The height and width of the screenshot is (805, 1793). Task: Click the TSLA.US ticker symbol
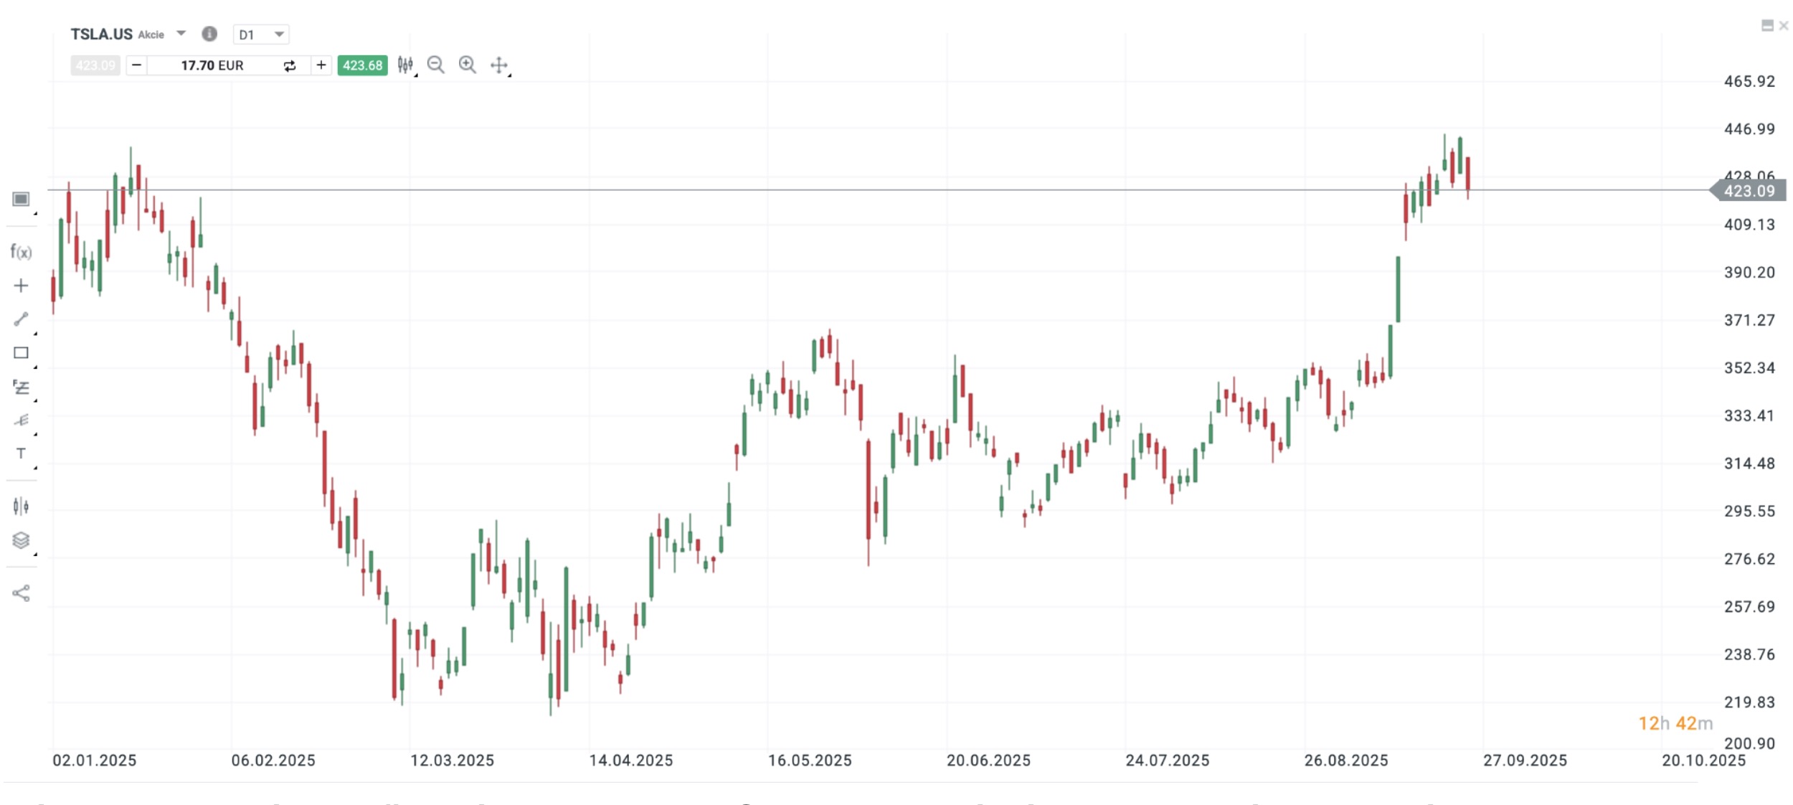point(101,34)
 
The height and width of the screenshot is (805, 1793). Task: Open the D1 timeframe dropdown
point(260,34)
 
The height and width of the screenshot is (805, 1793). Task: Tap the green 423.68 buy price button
point(362,65)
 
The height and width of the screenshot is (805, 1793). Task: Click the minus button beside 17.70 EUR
point(136,65)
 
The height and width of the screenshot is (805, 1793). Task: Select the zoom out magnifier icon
point(435,65)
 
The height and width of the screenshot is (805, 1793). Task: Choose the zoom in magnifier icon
point(467,65)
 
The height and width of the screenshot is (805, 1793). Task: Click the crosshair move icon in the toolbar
point(499,66)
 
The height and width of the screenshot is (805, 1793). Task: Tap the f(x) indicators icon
point(21,252)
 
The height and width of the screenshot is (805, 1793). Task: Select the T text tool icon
point(21,453)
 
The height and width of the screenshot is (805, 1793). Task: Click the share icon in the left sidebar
point(21,593)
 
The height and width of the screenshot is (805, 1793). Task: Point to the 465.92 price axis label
point(1749,81)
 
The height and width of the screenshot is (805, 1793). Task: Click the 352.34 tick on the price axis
point(1749,368)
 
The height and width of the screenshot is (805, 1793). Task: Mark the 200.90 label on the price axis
point(1749,743)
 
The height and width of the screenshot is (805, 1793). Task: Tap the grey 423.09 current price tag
point(1749,191)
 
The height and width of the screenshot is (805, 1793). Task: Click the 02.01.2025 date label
point(94,761)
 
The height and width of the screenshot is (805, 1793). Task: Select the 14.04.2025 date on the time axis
point(631,761)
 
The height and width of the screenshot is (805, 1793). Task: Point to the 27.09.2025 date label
point(1525,761)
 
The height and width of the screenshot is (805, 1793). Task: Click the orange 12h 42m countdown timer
point(1675,723)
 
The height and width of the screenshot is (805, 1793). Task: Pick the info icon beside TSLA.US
point(209,34)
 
